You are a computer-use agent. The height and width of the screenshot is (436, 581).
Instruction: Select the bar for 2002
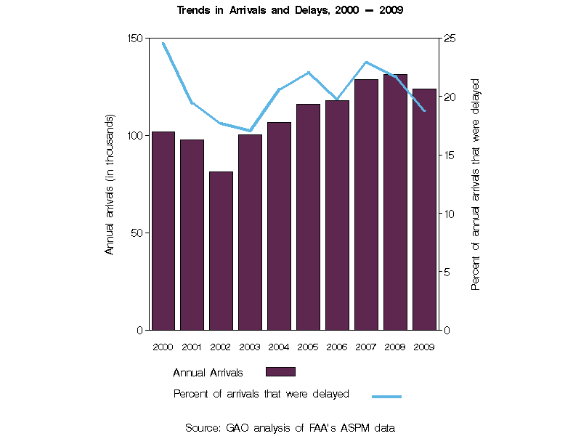221,251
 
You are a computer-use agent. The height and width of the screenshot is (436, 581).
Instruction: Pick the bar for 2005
308,217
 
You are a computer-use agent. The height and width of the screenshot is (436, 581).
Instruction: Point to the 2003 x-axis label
250,347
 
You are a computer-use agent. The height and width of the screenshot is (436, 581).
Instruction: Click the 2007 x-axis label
366,347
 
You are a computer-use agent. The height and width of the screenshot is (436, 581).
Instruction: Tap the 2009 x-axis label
424,347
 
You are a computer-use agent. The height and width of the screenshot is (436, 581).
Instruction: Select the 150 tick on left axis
135,38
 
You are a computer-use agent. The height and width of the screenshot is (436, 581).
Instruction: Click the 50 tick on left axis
138,233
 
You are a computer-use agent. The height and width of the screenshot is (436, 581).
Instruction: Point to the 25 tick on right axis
451,38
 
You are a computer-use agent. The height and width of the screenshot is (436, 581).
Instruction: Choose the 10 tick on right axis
451,214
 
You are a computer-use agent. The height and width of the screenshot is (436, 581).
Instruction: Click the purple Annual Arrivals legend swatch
280,372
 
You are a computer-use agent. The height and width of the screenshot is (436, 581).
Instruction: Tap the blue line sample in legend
386,397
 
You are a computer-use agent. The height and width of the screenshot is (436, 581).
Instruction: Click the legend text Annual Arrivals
208,373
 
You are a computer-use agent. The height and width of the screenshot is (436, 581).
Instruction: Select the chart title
290,11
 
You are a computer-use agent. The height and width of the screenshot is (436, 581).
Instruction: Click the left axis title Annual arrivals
110,184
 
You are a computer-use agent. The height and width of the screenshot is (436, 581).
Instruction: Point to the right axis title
476,185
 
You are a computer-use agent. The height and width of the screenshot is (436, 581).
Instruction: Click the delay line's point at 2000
163,43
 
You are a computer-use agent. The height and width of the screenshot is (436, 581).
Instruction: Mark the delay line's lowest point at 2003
250,131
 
